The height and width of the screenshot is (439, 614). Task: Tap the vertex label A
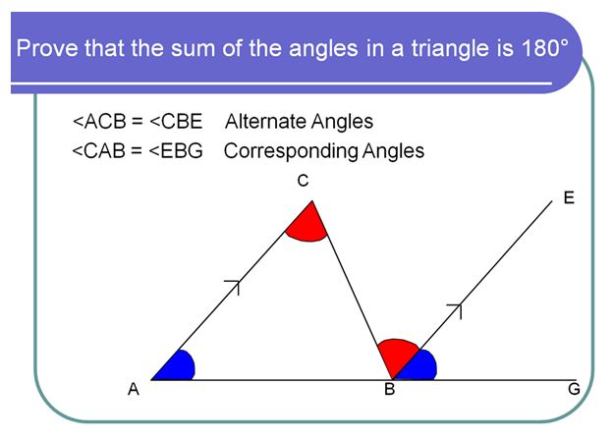[x=133, y=390]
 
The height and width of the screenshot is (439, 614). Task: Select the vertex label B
[x=389, y=390]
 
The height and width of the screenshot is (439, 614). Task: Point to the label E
[x=567, y=197]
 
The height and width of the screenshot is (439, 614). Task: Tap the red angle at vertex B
[x=397, y=354]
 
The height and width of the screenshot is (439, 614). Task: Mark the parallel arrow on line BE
[x=455, y=310]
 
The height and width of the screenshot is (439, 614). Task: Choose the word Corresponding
[x=280, y=151]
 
